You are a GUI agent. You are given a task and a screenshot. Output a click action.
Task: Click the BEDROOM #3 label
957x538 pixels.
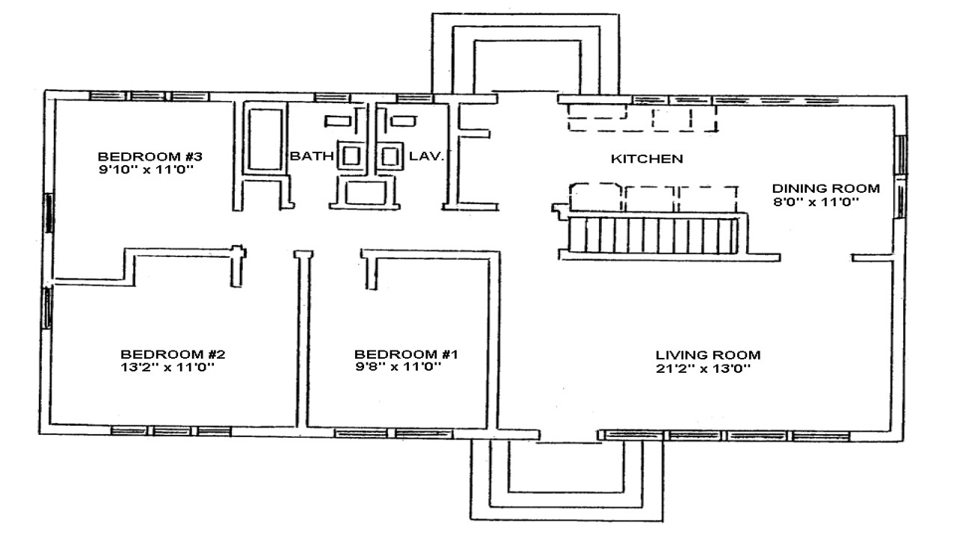pyautogui.click(x=150, y=157)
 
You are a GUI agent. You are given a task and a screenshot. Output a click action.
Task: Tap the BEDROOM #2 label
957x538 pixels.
pyautogui.click(x=173, y=353)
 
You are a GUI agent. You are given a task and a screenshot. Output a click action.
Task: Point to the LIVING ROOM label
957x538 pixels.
pyautogui.click(x=708, y=355)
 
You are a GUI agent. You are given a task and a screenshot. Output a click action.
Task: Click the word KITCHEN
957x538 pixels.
pyautogui.click(x=646, y=158)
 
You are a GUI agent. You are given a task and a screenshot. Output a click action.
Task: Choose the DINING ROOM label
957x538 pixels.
pyautogui.click(x=825, y=188)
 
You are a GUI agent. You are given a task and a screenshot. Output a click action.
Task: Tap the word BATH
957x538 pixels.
pyautogui.click(x=307, y=157)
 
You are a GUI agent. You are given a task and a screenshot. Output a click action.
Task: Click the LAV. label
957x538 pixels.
pyautogui.click(x=427, y=157)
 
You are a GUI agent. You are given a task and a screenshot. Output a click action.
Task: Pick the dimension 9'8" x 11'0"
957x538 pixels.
pyautogui.click(x=398, y=367)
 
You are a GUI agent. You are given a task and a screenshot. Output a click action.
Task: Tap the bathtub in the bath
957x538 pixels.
pyautogui.click(x=264, y=139)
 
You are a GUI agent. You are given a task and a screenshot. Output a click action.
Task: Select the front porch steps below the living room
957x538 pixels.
pyautogui.click(x=566, y=478)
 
